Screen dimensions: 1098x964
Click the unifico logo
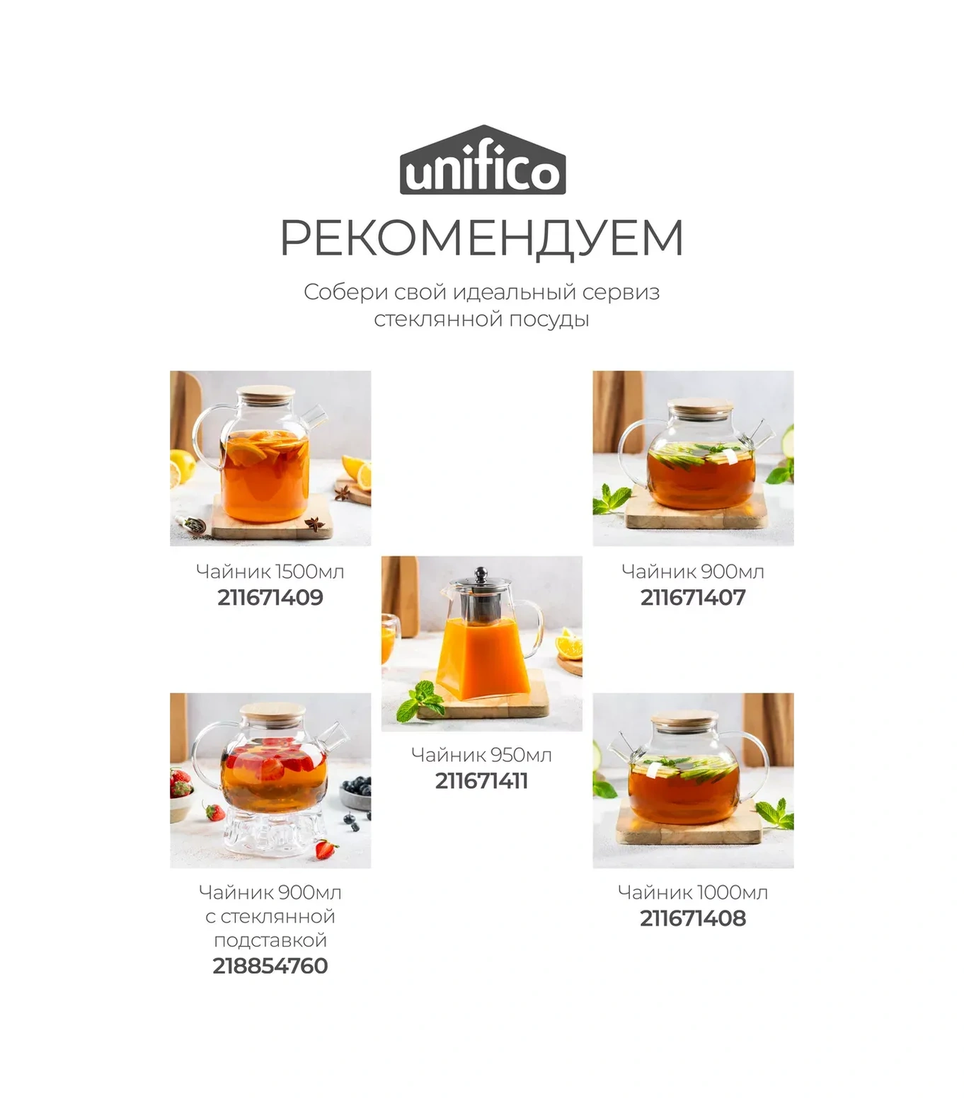482,162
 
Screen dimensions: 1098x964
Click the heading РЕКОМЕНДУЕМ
482,238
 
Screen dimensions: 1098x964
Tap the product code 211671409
270,598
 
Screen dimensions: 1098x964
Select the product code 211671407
693,598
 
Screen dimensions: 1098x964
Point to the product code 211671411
481,781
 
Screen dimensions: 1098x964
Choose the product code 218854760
270,966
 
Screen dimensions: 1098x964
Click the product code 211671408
693,918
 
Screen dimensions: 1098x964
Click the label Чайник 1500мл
270,572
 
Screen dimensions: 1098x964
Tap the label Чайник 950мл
481,755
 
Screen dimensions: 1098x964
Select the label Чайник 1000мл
693,892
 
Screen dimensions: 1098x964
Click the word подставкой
270,940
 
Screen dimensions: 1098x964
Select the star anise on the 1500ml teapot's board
314,524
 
